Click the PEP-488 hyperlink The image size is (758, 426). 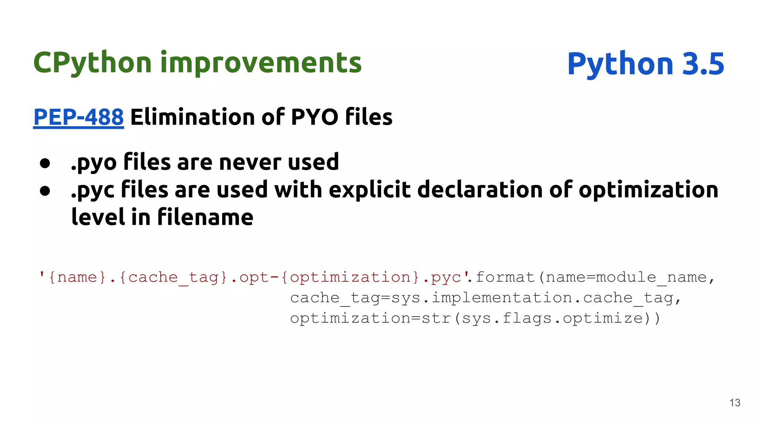click(x=78, y=117)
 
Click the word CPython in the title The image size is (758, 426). click(x=93, y=63)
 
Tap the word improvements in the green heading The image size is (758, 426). click(x=261, y=63)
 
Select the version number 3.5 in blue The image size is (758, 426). click(x=703, y=64)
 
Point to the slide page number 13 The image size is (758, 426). click(x=735, y=403)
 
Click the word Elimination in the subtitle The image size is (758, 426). click(x=192, y=117)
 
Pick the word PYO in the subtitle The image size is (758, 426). click(x=315, y=117)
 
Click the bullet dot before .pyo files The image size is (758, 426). click(x=45, y=163)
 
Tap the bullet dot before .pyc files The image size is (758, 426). click(x=45, y=191)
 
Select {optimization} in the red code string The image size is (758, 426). click(x=350, y=277)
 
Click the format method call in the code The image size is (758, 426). click(x=505, y=277)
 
